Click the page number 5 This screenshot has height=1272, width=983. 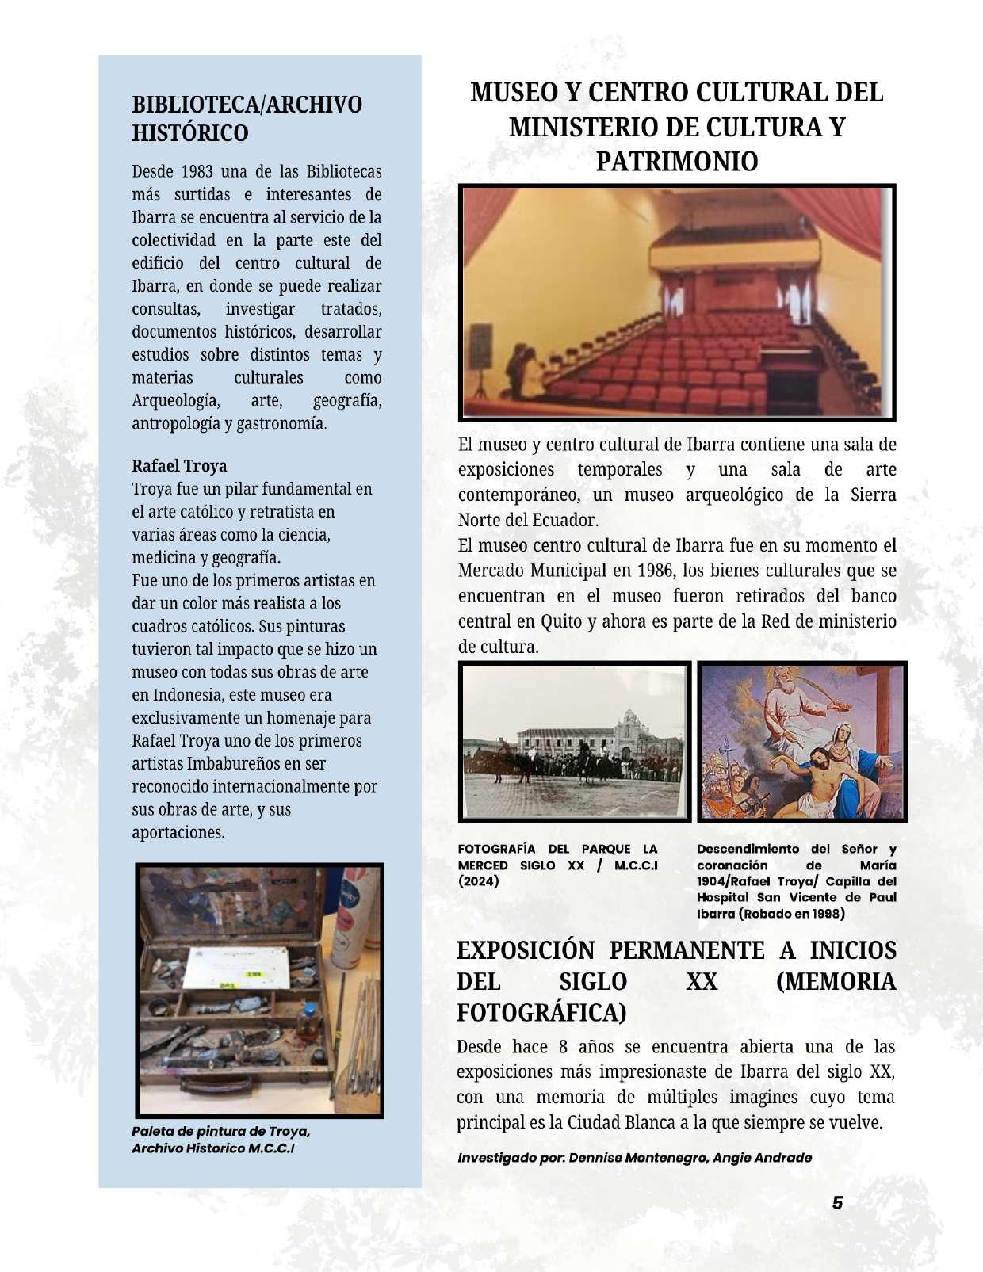point(837,1203)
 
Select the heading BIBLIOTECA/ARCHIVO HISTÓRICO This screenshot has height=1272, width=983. point(247,118)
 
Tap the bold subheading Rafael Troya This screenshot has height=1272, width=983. point(179,465)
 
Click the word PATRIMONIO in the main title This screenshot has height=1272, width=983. point(676,161)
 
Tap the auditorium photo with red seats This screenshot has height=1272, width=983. point(678,302)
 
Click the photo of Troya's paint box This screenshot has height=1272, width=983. point(259,990)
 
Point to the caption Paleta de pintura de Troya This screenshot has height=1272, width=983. point(220,1131)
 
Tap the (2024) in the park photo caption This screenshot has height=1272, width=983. point(478,881)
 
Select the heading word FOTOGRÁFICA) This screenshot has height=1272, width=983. point(541,1013)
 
